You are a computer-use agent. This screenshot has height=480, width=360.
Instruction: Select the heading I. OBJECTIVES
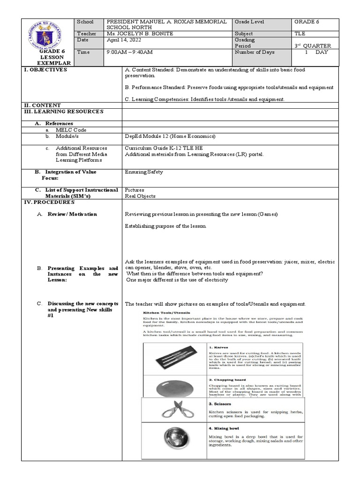pyautogui.click(x=45, y=70)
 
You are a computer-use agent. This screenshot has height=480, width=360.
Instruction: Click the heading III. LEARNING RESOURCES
pyautogui.click(x=63, y=112)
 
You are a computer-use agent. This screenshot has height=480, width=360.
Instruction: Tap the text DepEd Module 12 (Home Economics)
pyautogui.click(x=170, y=136)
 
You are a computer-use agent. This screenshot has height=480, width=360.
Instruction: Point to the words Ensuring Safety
pyautogui.click(x=144, y=172)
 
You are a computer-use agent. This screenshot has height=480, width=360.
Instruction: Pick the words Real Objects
pyautogui.click(x=140, y=196)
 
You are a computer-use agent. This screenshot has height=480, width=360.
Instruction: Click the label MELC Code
pyautogui.click(x=71, y=130)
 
